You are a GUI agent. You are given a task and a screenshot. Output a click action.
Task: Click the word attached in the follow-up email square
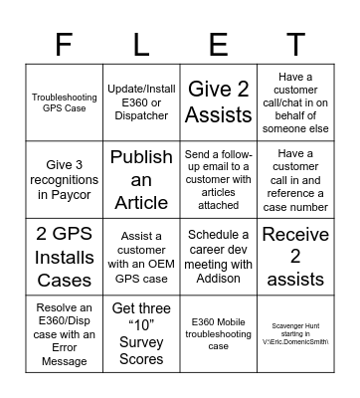pos(218,204)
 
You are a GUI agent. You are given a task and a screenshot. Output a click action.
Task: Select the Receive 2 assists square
pos(295,256)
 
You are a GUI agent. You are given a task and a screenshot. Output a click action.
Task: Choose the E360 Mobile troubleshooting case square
pos(218,333)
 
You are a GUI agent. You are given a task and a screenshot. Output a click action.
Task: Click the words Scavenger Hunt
pos(295,324)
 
